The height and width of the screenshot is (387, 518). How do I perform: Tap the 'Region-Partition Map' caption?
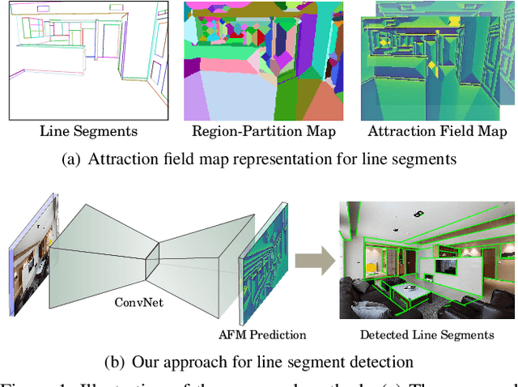coord(263,131)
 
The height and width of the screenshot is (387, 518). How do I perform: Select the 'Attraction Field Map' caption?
coord(438,131)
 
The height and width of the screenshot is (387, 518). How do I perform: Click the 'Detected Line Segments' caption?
coord(427,334)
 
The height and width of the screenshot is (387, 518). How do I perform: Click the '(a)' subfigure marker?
coord(72,159)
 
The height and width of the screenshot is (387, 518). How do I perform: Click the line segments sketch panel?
coord(87,61)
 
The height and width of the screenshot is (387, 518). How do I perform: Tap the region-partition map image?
coord(264,61)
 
